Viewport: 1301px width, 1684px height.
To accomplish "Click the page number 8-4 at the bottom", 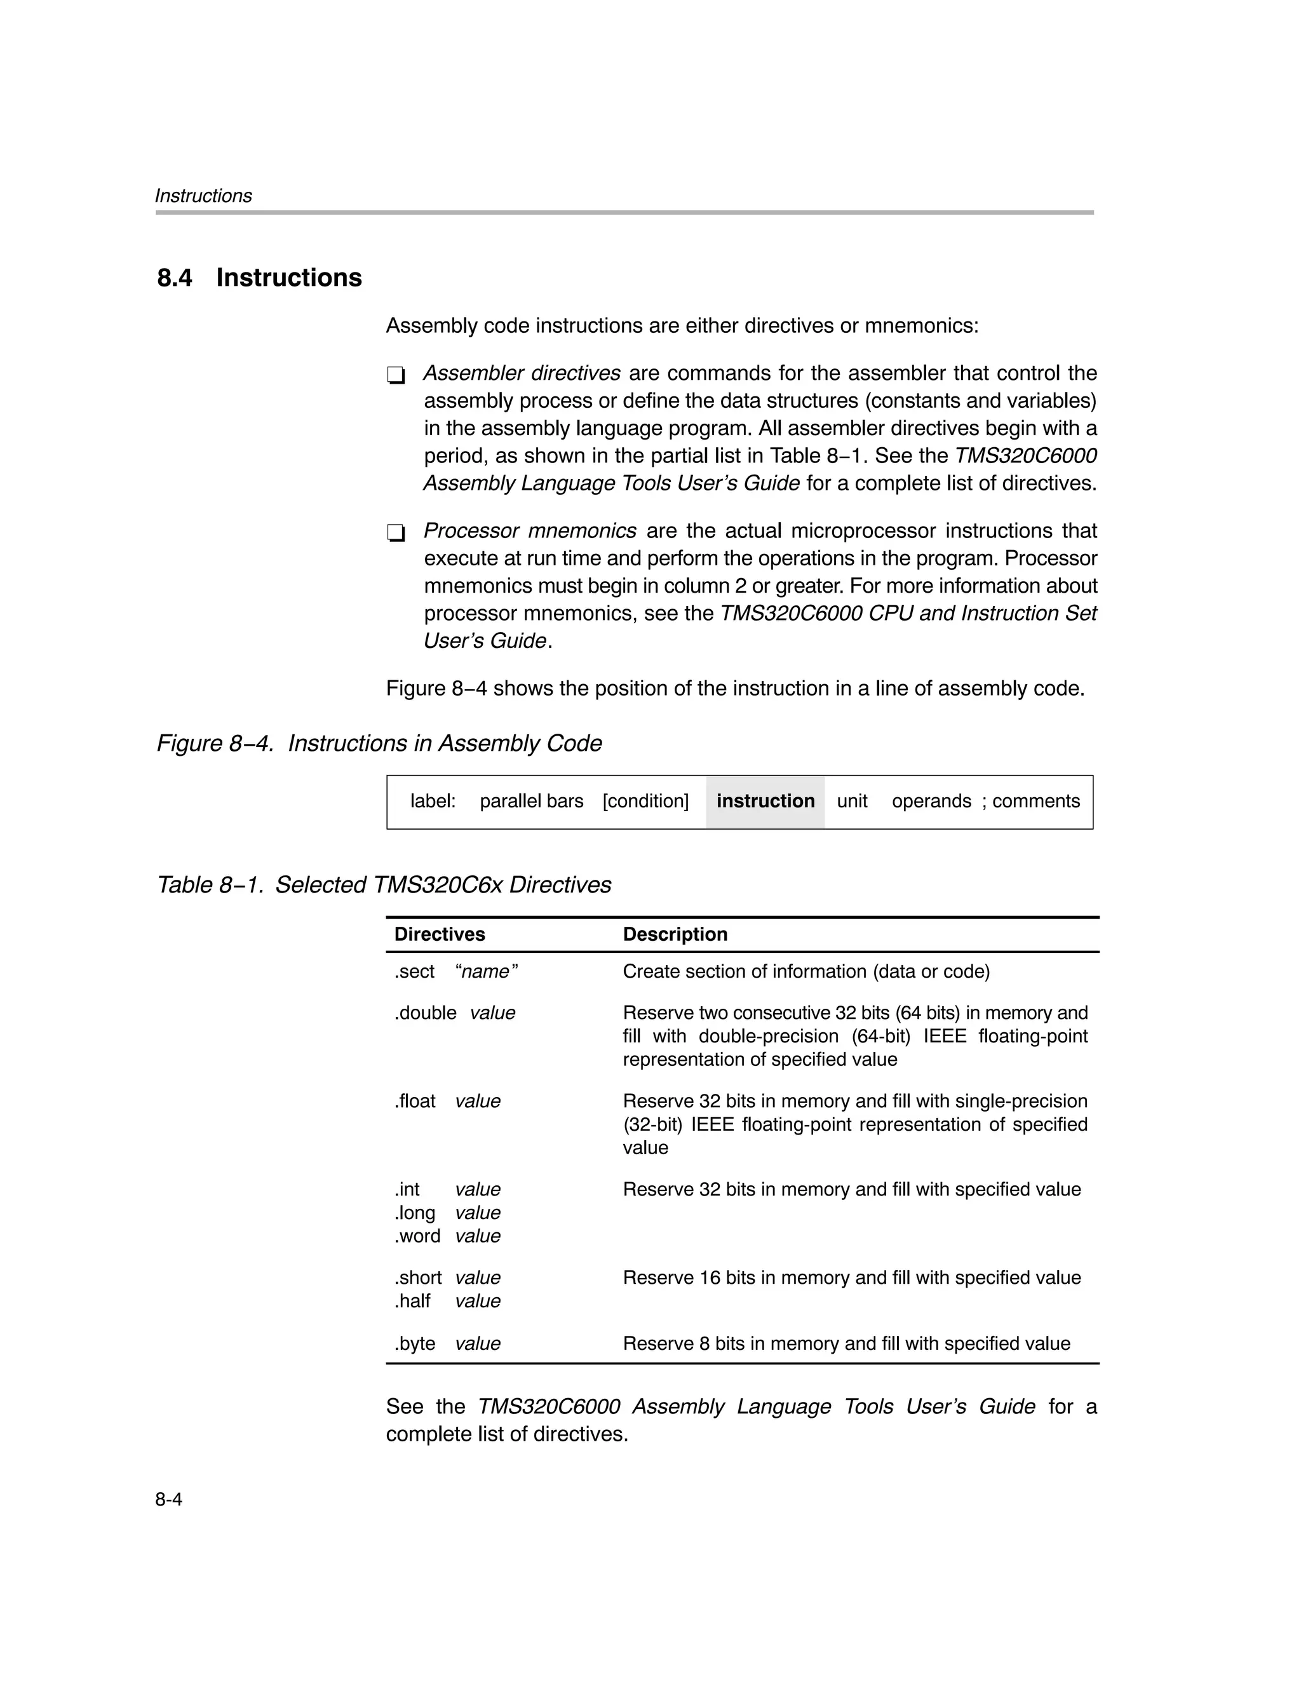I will point(168,1500).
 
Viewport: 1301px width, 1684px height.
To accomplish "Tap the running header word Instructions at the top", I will point(203,196).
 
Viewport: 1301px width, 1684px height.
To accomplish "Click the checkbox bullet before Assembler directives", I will point(396,375).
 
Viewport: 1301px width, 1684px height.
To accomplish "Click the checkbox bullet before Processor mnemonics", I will point(396,533).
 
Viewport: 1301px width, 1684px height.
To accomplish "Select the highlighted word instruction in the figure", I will point(765,801).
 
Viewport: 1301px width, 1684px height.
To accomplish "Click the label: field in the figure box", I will point(433,801).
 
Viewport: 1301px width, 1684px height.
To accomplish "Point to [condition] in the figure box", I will point(645,801).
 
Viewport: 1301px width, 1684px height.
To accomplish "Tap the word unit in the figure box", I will point(851,801).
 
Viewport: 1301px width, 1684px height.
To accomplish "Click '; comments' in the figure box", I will point(1030,801).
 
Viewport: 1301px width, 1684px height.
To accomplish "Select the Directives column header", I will point(440,934).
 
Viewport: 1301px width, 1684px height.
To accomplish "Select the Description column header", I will point(675,934).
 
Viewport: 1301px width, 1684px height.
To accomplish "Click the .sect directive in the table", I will point(414,971).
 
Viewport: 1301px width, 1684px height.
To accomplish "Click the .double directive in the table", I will point(425,1013).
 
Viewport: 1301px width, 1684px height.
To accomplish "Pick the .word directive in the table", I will point(417,1236).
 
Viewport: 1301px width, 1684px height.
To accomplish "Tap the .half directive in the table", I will point(412,1302).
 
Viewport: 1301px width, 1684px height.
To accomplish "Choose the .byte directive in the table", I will point(415,1344).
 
